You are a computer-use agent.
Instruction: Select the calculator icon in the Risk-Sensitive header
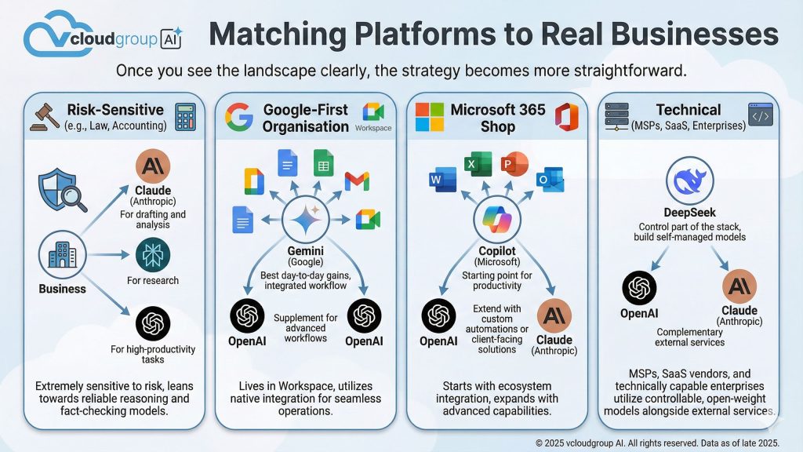[x=185, y=117]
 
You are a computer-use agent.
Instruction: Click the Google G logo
[x=238, y=117]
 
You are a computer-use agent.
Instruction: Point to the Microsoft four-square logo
[x=430, y=117]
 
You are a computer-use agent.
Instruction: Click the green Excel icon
[x=473, y=164]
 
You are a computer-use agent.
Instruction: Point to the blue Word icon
[x=437, y=180]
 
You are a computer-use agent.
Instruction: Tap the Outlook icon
[x=550, y=180]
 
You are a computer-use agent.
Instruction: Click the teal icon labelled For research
[x=152, y=255]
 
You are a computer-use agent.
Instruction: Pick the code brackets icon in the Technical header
[x=760, y=117]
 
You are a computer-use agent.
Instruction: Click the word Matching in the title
[x=266, y=35]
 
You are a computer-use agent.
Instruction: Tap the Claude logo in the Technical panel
[x=739, y=286]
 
